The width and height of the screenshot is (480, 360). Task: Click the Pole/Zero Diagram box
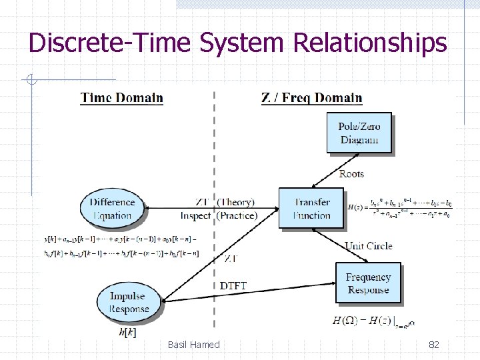[359, 133]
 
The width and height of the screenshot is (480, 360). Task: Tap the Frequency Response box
[368, 283]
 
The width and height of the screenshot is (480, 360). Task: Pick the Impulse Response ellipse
[129, 302]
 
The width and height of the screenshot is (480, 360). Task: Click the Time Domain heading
[122, 98]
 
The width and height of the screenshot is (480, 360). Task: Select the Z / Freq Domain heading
[312, 98]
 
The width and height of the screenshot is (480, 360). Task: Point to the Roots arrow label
[351, 174]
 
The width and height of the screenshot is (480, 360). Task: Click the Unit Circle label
[368, 246]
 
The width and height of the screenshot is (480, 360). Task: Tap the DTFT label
[233, 286]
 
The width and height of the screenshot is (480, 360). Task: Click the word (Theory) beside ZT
[236, 203]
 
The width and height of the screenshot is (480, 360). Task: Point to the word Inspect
[195, 215]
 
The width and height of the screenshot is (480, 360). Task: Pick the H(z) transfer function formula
[399, 207]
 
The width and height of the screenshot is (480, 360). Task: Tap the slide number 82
[434, 345]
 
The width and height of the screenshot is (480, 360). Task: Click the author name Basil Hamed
[193, 345]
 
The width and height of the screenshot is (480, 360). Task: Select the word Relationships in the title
[370, 43]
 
